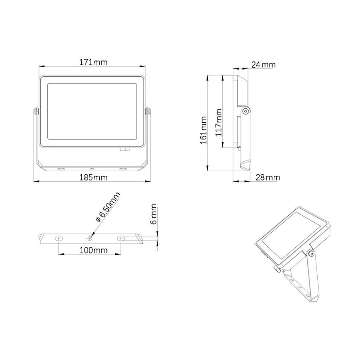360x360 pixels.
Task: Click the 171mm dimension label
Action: [x=93, y=62]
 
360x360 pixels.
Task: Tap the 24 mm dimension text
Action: [x=263, y=65]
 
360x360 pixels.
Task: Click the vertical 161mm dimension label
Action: [x=204, y=130]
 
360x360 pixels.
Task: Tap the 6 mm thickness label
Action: [x=153, y=214]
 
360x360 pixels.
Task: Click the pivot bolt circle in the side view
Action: [x=246, y=111]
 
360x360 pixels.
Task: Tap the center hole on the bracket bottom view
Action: [x=90, y=238]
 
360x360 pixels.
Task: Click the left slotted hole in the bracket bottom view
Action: [x=58, y=238]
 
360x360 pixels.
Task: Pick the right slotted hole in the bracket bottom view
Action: [x=122, y=238]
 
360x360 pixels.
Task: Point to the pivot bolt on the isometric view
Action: [x=311, y=254]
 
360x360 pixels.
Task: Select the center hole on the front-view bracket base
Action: [x=92, y=169]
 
